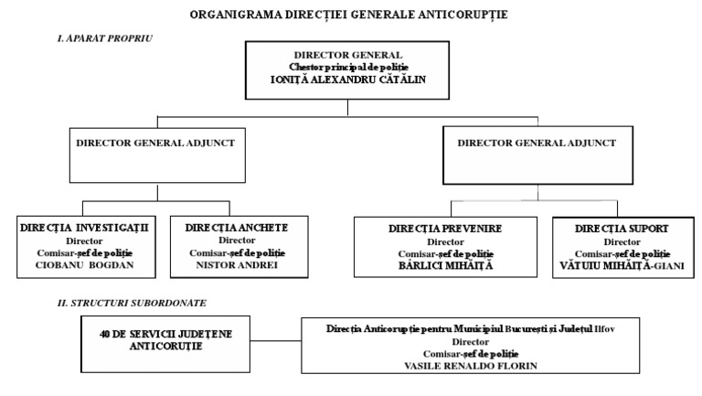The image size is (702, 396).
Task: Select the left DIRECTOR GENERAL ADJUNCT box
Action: point(156,157)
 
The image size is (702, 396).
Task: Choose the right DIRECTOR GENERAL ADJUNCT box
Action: point(537,157)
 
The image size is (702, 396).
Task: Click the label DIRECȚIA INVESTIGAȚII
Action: point(88,226)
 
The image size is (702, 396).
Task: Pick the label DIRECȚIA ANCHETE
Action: point(237,226)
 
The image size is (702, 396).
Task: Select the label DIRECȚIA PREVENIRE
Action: point(446,228)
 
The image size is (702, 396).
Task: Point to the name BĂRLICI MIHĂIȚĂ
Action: point(446,266)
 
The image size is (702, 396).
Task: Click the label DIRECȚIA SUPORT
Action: point(622,228)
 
